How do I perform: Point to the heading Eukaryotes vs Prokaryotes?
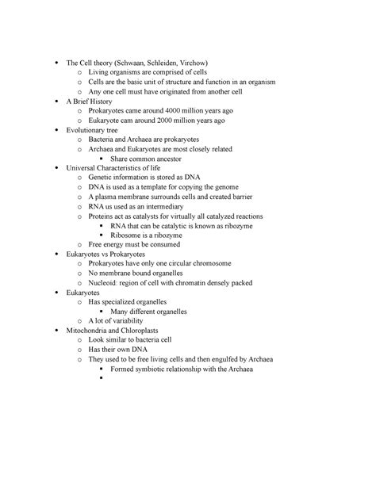click(110, 255)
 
